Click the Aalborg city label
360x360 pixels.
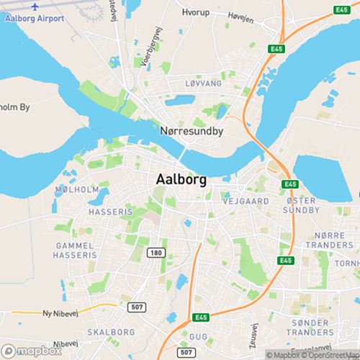click(x=181, y=180)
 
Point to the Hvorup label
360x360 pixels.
click(x=195, y=13)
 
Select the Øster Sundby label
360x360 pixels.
click(x=297, y=204)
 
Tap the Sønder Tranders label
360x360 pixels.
click(x=310, y=327)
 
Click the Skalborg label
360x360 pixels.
click(x=111, y=332)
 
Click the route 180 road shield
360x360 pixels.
click(x=155, y=253)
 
